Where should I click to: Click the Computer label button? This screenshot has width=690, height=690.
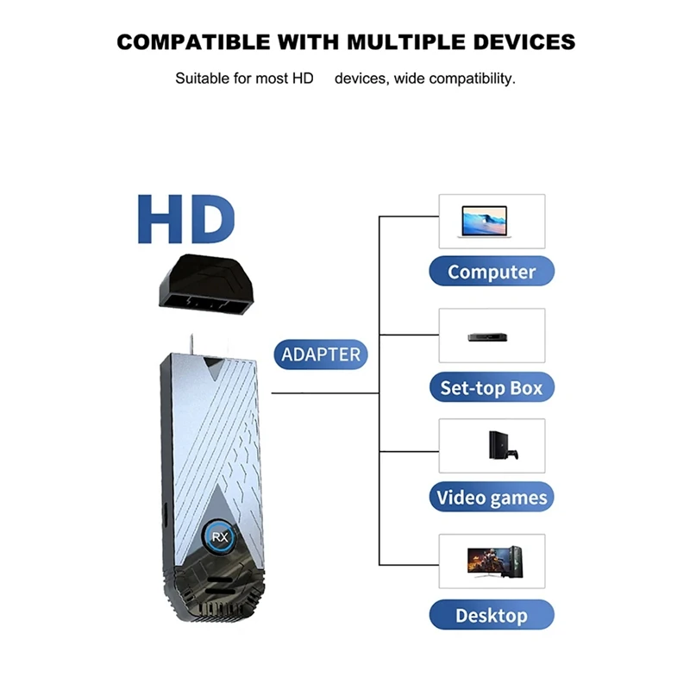[492, 272]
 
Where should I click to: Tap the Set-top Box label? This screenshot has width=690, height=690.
[492, 387]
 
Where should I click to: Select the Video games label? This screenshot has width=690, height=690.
[492, 498]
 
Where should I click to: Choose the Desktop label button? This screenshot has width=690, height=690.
[492, 615]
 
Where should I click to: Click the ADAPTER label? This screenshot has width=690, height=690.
[321, 354]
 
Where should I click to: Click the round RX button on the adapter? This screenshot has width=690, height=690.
[218, 536]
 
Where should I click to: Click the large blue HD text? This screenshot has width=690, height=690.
[185, 220]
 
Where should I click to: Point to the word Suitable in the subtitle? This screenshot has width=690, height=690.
[202, 78]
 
